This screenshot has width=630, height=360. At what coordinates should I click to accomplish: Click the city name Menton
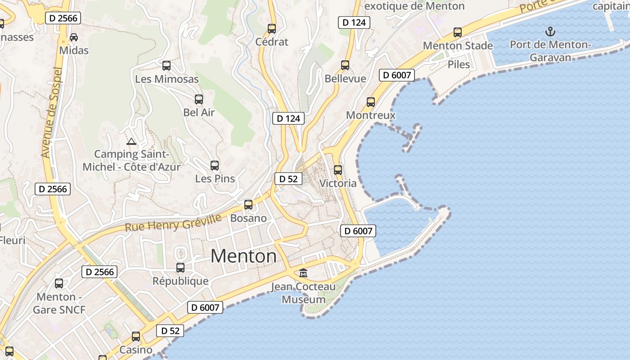(243, 256)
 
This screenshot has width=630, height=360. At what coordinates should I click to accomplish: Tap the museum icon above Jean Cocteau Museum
(303, 273)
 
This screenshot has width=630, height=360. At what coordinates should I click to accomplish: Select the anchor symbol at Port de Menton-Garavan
(550, 31)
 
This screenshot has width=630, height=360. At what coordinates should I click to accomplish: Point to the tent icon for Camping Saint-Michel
(131, 142)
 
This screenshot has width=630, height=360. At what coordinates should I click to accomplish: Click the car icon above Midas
(74, 37)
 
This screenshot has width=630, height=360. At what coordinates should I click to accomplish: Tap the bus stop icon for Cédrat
(272, 29)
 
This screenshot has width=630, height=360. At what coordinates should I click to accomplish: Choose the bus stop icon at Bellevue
(345, 65)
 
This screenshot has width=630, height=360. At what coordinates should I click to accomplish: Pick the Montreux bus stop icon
(371, 102)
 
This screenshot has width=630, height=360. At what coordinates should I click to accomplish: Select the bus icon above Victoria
(338, 170)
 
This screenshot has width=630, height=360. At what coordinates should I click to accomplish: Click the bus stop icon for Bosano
(248, 205)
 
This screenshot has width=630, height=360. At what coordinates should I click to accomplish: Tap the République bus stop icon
(180, 268)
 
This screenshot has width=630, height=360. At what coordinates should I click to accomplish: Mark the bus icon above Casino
(136, 337)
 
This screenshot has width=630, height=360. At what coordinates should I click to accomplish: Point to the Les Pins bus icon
(215, 166)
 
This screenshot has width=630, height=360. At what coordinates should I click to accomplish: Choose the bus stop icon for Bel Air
(199, 99)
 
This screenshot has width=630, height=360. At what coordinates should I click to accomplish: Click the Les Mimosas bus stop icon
(166, 66)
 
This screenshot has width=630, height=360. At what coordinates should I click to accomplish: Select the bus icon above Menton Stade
(458, 32)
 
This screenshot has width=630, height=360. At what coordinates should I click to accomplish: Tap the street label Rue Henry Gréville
(173, 223)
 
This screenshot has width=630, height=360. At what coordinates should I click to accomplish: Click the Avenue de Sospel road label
(50, 112)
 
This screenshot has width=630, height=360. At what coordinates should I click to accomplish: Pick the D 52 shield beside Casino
(170, 331)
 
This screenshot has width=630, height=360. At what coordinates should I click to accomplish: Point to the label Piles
(459, 64)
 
